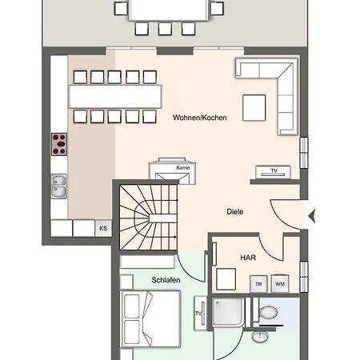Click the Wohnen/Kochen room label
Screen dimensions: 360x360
200,118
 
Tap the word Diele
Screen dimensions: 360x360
235,212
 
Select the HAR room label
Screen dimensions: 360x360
248,258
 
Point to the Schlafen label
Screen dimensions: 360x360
166,280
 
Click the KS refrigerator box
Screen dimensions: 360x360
103,228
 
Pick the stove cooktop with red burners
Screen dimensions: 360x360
59,144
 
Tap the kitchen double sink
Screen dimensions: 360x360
58,186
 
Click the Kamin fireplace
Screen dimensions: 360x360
172,171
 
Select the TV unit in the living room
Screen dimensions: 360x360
273,172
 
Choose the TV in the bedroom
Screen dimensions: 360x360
200,313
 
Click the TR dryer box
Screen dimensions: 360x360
258,284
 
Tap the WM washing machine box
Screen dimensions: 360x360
280,284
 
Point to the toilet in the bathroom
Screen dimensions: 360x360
266,311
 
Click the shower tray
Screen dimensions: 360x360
228,312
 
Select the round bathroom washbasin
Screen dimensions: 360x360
260,337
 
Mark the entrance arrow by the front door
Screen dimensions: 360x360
312,215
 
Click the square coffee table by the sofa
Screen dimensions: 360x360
254,108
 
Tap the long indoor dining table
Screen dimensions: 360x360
115,97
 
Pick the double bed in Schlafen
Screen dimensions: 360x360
150,319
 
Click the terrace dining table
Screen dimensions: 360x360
169,10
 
